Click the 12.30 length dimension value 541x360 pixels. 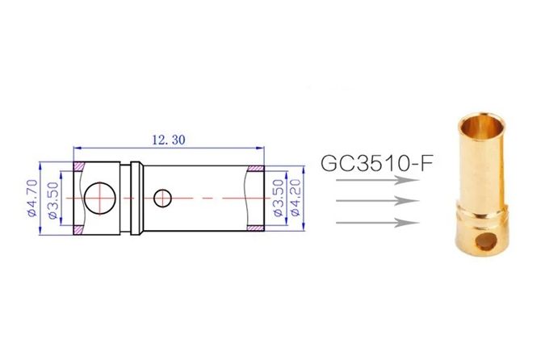[x=169, y=140]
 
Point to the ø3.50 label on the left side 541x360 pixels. [x=52, y=199]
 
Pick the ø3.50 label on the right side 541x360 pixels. [x=278, y=199]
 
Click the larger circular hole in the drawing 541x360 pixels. [x=101, y=196]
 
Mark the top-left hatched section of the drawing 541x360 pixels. [x=81, y=166]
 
